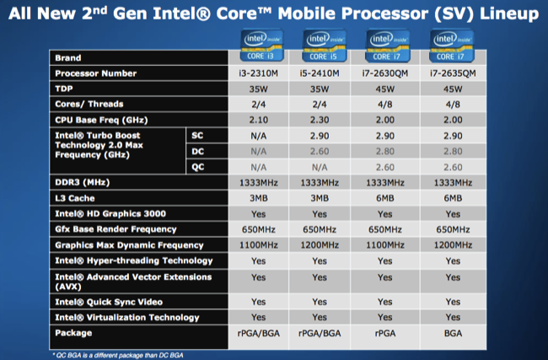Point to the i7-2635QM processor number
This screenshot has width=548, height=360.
pos(451,73)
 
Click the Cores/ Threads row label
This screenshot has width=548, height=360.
pos(89,105)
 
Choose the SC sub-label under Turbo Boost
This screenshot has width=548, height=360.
pos(197,136)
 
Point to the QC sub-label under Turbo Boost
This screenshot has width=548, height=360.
pos(197,167)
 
